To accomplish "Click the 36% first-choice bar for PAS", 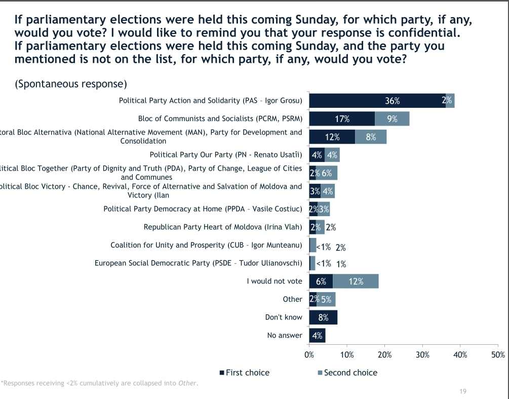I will [x=377, y=101].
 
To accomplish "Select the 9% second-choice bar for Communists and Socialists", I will [x=392, y=119].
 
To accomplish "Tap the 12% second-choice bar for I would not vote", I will [x=356, y=282].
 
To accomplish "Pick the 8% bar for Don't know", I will [x=323, y=317].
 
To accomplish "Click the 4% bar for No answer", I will [x=317, y=335].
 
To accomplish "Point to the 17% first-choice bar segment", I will [x=342, y=119].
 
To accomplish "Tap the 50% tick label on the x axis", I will [x=498, y=355].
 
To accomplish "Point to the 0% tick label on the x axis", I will [x=309, y=355].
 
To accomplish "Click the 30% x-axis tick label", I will [x=422, y=355].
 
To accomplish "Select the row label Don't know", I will [x=284, y=317].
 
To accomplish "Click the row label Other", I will [x=292, y=299].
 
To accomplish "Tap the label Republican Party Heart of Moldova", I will [x=223, y=227].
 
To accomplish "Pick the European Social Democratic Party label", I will [x=198, y=263].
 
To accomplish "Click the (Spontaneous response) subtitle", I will [x=71, y=84].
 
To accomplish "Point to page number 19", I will [x=462, y=391].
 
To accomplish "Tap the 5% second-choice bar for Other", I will [x=326, y=299].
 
